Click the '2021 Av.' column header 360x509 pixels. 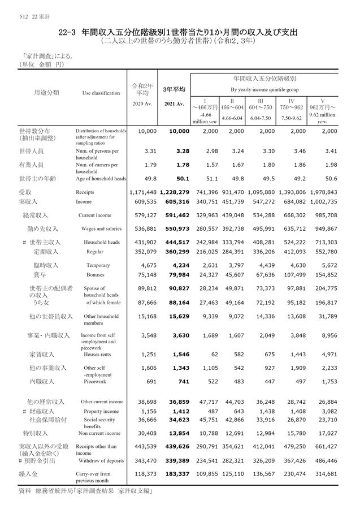174,104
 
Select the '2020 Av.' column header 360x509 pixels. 142,104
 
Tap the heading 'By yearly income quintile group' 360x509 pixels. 264,90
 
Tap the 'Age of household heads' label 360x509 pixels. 101,179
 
